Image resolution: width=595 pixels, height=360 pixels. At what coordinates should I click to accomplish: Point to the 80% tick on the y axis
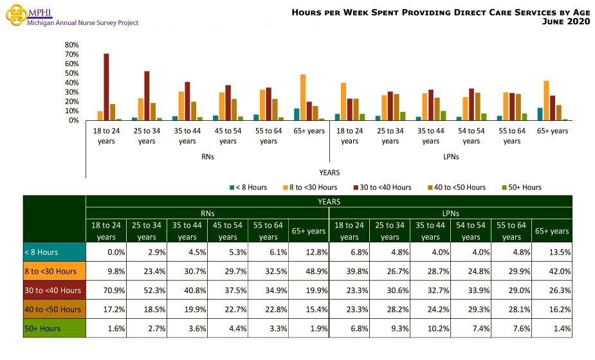[x=71, y=45]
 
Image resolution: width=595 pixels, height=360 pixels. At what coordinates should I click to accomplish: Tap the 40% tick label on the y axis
[x=71, y=83]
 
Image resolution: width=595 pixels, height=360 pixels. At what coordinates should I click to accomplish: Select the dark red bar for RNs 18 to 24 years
[x=106, y=87]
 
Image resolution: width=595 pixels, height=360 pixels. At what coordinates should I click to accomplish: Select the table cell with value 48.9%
[x=309, y=271]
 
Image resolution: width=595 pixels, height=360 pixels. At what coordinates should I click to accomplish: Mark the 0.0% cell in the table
[x=106, y=252]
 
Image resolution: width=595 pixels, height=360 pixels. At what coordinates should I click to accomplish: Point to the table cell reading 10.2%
[x=430, y=328]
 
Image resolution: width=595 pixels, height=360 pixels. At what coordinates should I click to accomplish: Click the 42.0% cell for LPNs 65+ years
[x=552, y=271]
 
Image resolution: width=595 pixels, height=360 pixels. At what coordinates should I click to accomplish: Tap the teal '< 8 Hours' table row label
[x=54, y=252]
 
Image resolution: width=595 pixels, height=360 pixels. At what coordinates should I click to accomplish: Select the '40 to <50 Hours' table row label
[x=54, y=309]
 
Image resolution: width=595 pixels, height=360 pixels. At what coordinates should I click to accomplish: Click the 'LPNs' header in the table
[x=450, y=213]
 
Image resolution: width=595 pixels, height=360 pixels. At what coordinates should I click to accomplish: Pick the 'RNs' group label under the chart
[x=207, y=156]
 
